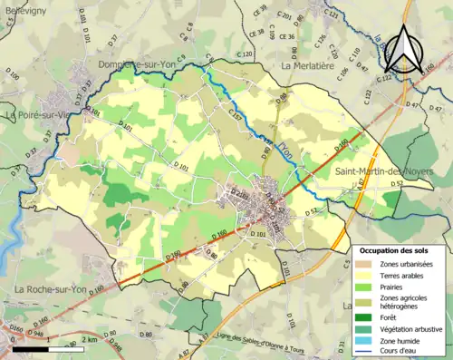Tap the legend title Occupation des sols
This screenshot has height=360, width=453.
tap(400, 249)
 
